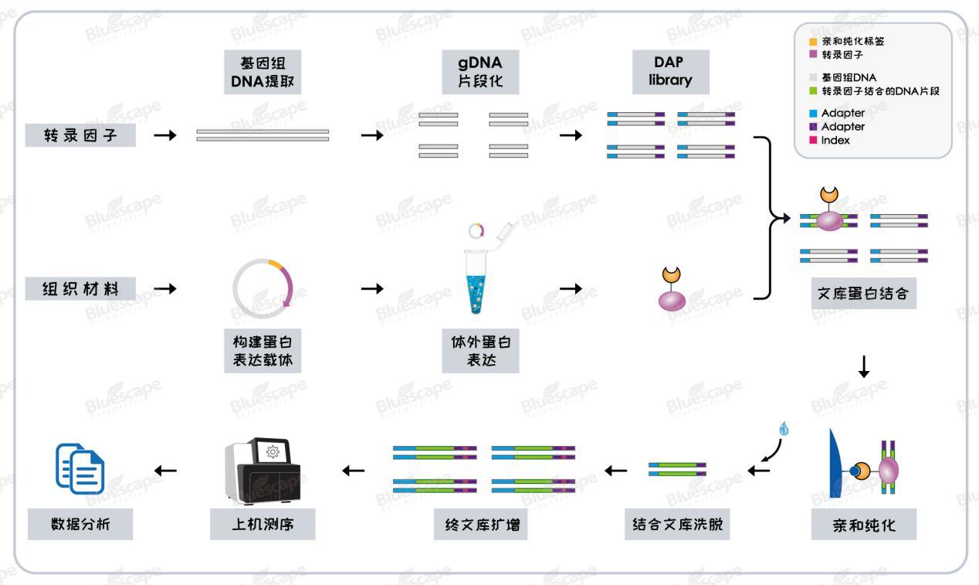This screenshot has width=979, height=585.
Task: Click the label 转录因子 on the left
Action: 80,135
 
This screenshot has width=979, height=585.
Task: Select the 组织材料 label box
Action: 80,289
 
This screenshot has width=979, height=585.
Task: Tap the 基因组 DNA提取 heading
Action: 263,71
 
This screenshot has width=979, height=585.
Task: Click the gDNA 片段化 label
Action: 479,71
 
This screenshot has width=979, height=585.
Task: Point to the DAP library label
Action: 670,71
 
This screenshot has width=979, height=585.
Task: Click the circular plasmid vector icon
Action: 263,287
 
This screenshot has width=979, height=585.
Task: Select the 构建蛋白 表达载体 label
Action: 263,350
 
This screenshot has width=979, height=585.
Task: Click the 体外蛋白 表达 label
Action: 479,350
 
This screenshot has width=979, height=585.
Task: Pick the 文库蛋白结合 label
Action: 864,294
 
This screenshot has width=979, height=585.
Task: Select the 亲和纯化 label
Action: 864,525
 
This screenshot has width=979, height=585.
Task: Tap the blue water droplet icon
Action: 784,427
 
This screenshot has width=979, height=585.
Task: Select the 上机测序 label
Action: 263,525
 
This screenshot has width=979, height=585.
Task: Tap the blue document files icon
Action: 80,468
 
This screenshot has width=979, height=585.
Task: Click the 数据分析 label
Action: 80,525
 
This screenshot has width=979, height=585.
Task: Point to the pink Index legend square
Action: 812,141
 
